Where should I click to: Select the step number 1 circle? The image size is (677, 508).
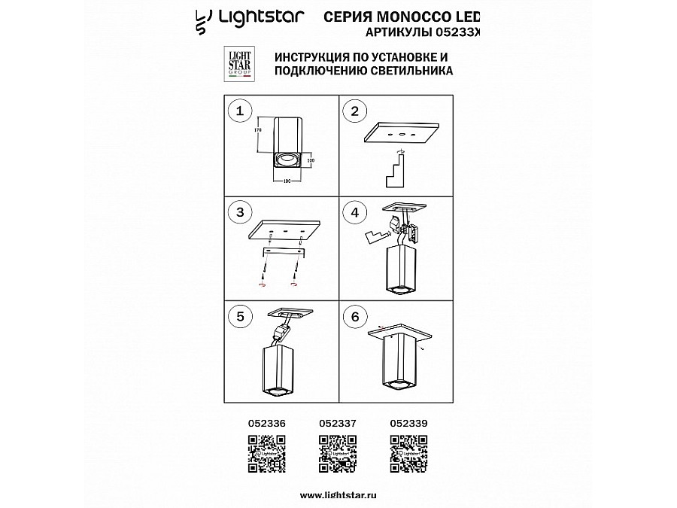click(240, 112)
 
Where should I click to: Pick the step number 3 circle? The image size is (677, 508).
click(240, 213)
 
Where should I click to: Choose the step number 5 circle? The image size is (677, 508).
click(240, 316)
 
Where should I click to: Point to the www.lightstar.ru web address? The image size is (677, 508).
click(337, 494)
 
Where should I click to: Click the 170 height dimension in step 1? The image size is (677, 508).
click(258, 130)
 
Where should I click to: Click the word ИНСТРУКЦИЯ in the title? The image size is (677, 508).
click(315, 57)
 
